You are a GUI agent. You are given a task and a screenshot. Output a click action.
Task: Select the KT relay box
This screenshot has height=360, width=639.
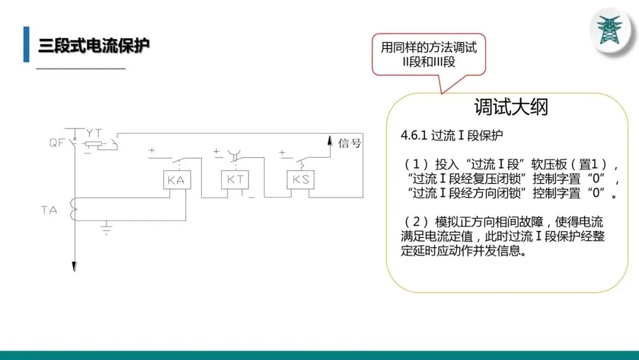click(x=235, y=180)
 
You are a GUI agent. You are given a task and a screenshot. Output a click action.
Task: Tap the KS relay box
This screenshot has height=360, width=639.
click(x=301, y=179)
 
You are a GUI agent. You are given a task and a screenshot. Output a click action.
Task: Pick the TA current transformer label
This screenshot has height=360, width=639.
click(x=49, y=210)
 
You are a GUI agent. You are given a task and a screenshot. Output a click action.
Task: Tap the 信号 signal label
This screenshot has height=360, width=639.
click(x=349, y=143)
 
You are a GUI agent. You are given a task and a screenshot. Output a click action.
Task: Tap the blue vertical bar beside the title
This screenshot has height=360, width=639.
click(x=26, y=44)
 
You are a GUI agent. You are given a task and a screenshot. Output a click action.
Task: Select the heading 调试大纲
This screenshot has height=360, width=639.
click(x=511, y=107)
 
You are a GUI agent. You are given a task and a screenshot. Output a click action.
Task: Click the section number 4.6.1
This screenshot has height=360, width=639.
click(x=414, y=136)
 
